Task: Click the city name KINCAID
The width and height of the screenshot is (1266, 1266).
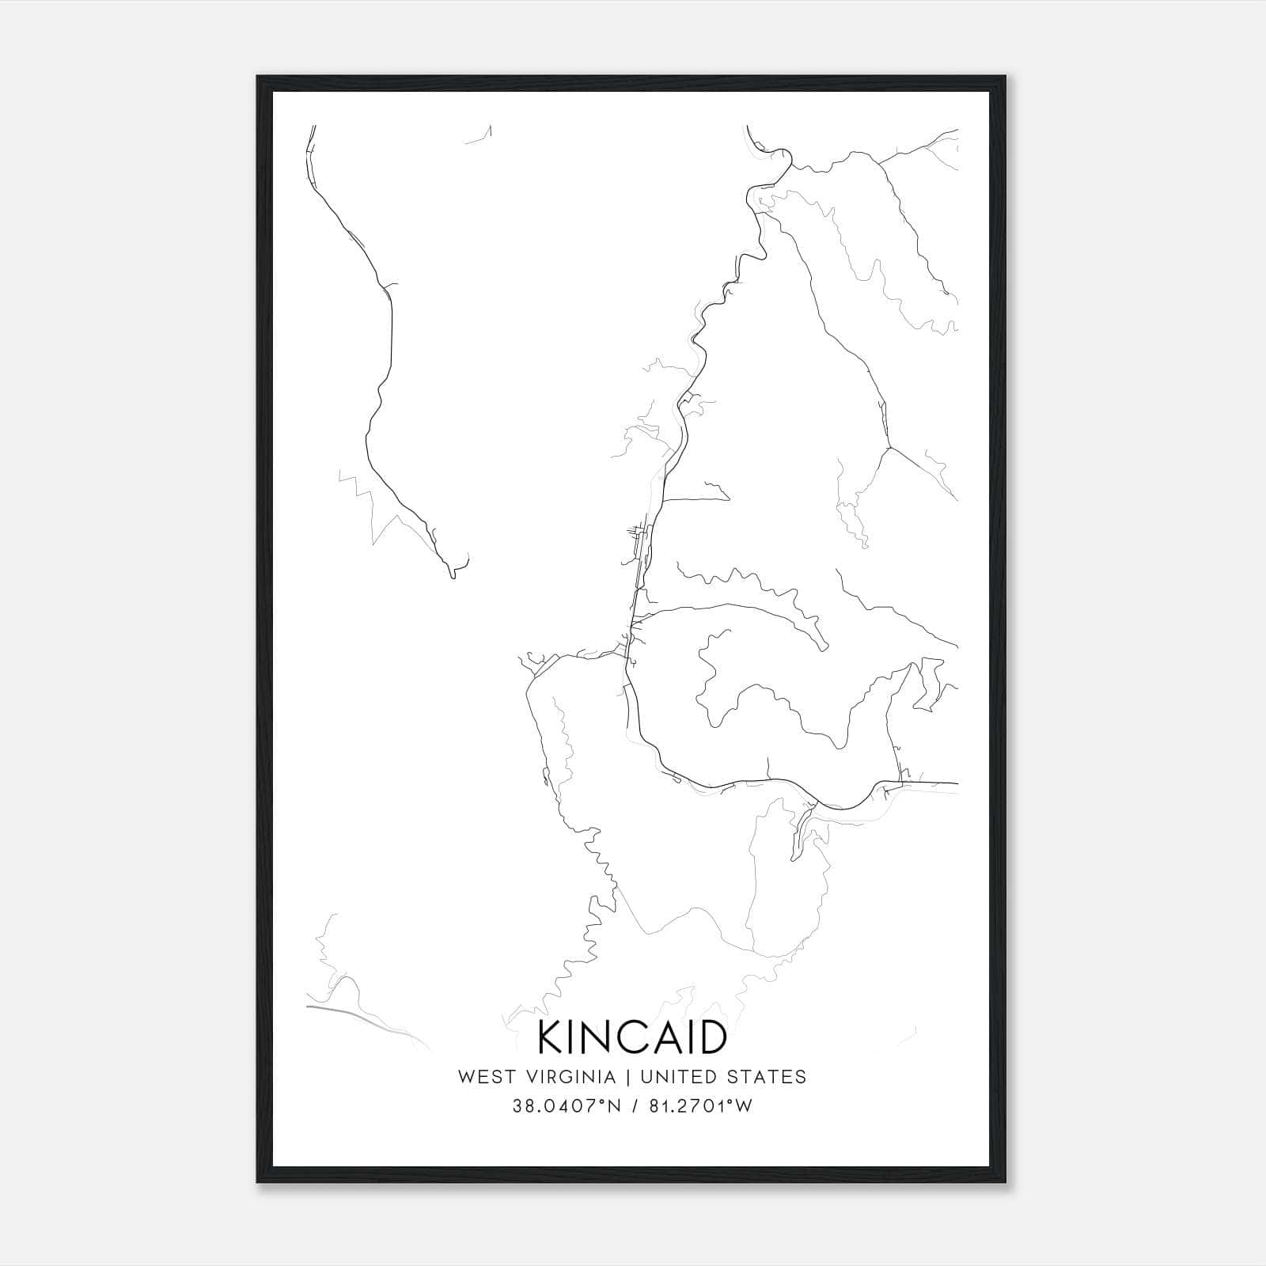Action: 632,1037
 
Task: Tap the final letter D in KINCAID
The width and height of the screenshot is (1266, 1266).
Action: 711,1037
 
